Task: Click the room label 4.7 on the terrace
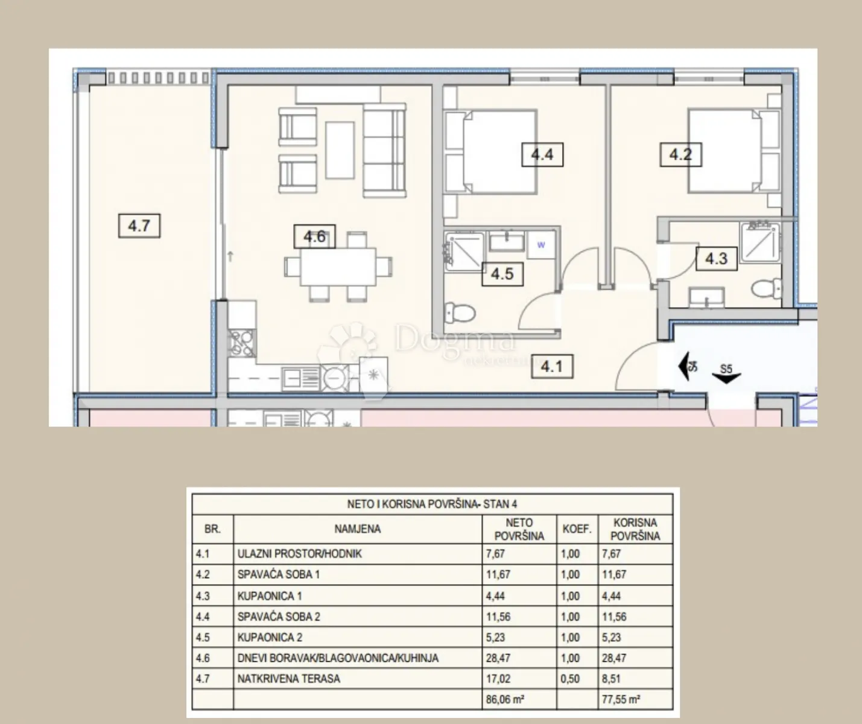[139, 226]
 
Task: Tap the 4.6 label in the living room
[315, 237]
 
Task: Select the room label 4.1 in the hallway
[552, 366]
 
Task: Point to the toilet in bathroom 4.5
[460, 314]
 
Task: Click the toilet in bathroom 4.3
[767, 288]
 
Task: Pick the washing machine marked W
[541, 245]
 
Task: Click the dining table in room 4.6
[338, 267]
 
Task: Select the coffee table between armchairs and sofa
[340, 150]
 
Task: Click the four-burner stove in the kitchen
[242, 343]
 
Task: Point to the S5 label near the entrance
[726, 369]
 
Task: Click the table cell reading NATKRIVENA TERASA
[288, 679]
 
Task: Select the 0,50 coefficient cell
[570, 679]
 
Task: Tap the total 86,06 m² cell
[505, 700]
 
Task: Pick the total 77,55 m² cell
[621, 700]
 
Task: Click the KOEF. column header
[577, 529]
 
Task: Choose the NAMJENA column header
[358, 529]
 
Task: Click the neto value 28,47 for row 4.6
[498, 658]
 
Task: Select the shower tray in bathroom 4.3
[761, 243]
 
